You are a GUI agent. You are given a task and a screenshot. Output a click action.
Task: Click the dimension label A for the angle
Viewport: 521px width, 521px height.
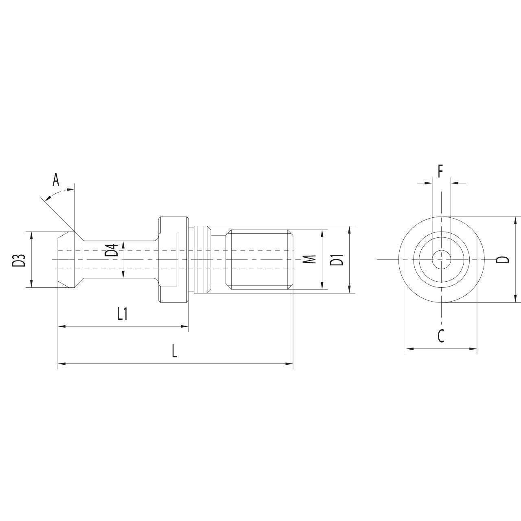click(x=56, y=179)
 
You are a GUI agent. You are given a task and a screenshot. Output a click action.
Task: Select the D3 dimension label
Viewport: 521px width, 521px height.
click(x=19, y=260)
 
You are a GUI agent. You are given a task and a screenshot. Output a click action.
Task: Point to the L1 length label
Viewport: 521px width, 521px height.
click(x=123, y=313)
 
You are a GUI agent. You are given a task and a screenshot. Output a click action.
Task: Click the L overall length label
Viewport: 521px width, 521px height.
click(x=175, y=351)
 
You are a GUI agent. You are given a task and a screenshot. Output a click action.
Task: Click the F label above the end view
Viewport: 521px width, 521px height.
click(x=440, y=172)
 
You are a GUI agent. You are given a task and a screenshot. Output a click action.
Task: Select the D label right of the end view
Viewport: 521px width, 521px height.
click(x=503, y=259)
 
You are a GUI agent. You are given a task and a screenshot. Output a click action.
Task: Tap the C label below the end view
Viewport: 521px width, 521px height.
click(x=441, y=336)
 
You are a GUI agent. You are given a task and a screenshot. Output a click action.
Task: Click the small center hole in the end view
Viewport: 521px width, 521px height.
click(x=441, y=259)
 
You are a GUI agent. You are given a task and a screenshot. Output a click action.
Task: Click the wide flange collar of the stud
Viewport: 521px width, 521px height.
click(x=171, y=259)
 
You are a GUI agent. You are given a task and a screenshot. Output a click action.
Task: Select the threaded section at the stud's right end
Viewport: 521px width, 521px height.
click(x=260, y=259)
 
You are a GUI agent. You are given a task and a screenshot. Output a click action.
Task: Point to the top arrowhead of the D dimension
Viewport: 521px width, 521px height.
click(x=516, y=220)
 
